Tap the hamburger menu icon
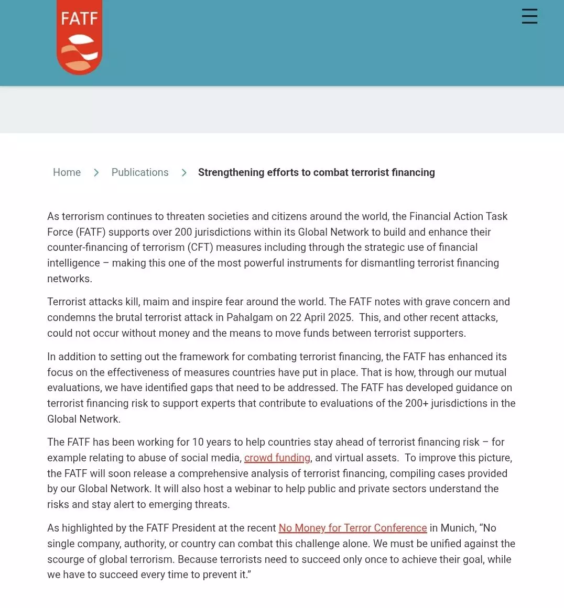pos(529,16)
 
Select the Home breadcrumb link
pos(67,172)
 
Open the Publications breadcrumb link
pos(140,172)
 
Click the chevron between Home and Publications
pos(96,173)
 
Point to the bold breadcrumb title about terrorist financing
pos(316,172)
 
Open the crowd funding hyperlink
pos(277,458)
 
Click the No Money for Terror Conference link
pos(353,528)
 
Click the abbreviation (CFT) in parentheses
pos(200,247)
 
